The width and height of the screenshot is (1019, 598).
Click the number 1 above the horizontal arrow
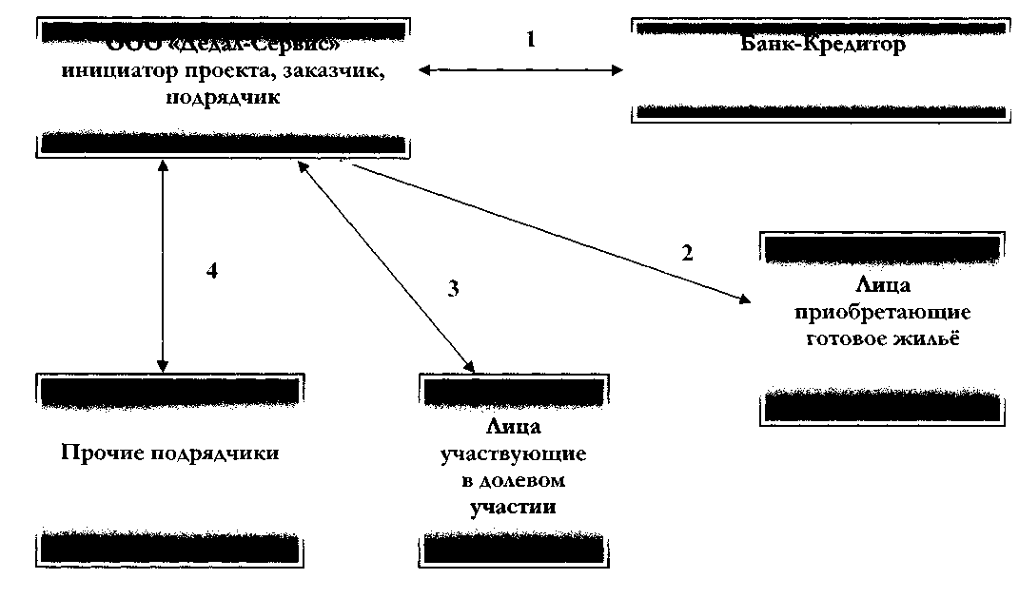coord(532,40)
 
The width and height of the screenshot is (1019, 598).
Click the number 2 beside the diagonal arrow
coord(686,253)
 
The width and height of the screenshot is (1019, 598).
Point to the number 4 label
coord(213,271)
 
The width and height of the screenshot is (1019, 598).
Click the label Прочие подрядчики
coord(170,453)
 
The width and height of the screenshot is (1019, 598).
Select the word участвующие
coord(513,454)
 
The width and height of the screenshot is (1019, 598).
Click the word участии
coord(513,507)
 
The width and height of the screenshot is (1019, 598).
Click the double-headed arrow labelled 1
coord(520,70)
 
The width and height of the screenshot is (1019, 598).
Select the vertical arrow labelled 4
coord(164,266)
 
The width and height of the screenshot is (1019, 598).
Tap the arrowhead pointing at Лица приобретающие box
coord(743,300)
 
